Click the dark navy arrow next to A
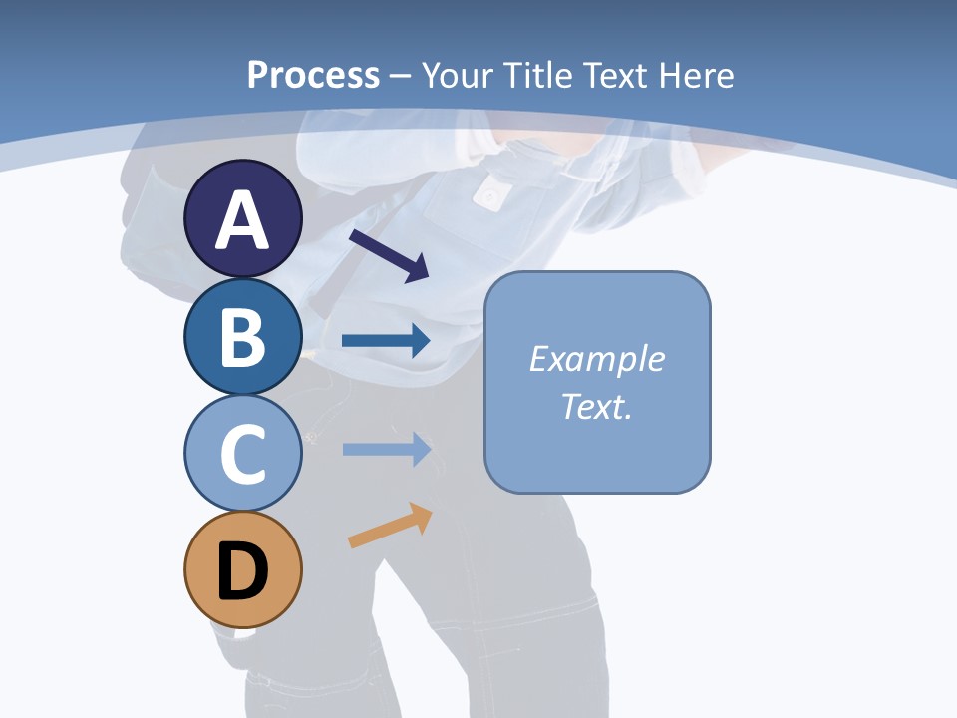click(389, 255)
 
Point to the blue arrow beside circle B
click(386, 341)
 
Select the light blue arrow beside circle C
click(386, 450)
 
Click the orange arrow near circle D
click(390, 526)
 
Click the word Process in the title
click(313, 75)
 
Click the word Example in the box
click(596, 359)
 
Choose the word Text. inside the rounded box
click(596, 407)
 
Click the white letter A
click(242, 220)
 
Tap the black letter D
click(242, 571)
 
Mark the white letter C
click(242, 455)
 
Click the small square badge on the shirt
click(488, 195)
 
